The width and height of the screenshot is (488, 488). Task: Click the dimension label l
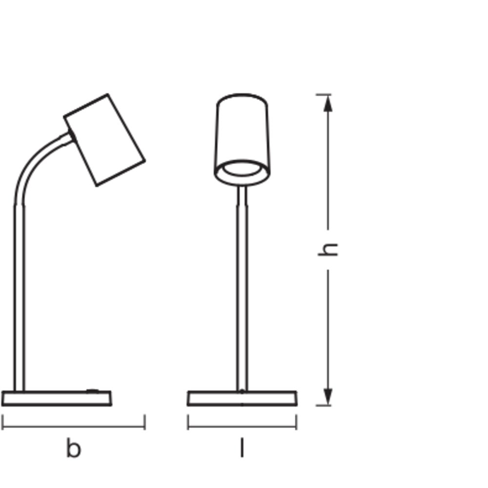[x=242, y=447]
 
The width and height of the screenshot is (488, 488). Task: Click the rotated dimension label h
[x=327, y=249]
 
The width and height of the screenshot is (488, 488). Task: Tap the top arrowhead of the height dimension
[x=328, y=103]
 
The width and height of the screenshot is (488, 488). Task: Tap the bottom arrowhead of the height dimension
[x=328, y=397]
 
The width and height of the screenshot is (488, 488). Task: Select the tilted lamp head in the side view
[x=104, y=140]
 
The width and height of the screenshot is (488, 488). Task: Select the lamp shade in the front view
[x=242, y=140]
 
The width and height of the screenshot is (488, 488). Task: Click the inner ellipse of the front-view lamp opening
[x=242, y=168]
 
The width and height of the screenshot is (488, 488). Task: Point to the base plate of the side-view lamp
[x=56, y=398]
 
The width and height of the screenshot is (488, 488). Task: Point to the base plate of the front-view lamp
[x=242, y=398]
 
